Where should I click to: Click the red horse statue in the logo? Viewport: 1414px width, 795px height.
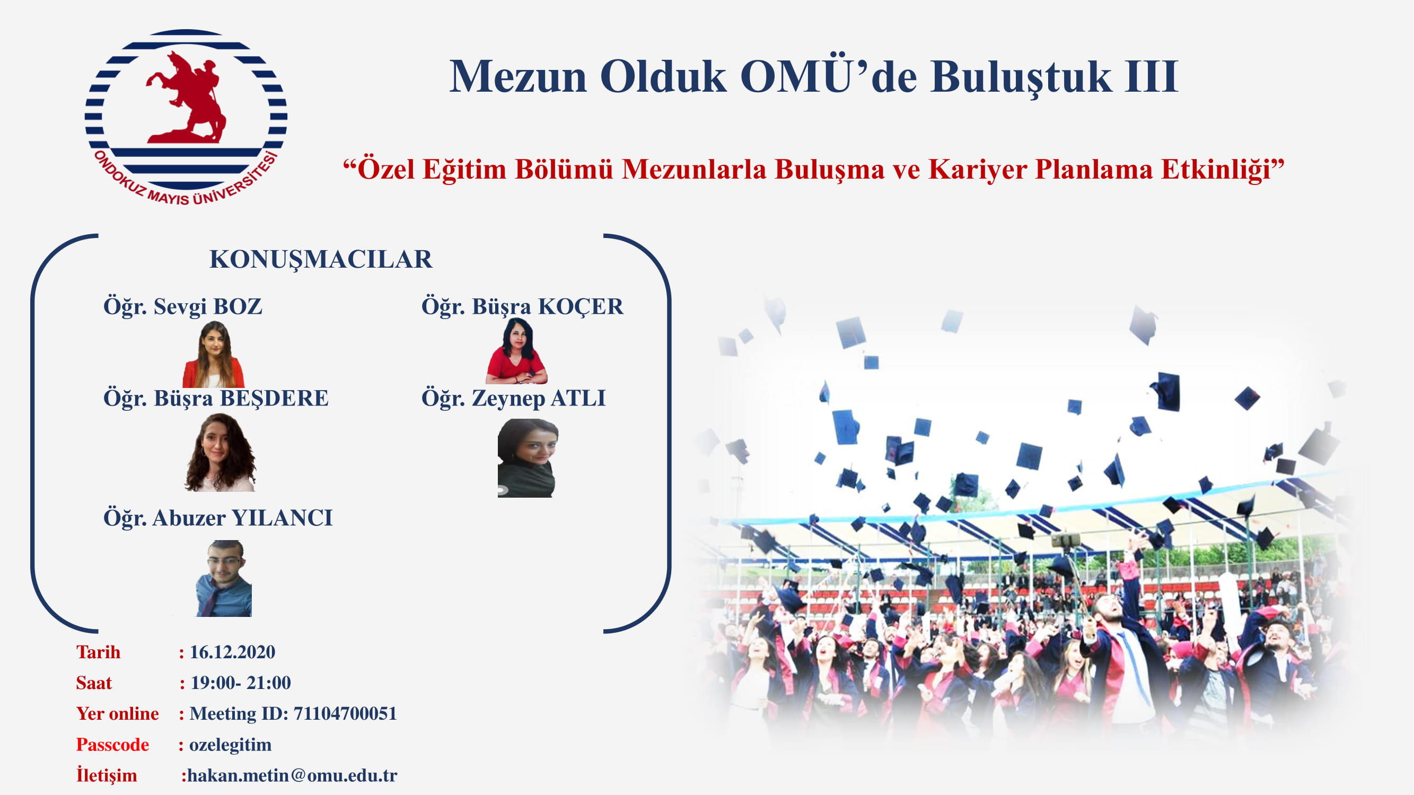pos(187,98)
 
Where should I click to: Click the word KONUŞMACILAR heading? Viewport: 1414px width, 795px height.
pos(321,260)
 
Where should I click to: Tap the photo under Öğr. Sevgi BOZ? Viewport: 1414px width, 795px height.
pos(214,354)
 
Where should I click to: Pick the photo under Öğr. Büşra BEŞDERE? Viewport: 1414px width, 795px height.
pos(220,452)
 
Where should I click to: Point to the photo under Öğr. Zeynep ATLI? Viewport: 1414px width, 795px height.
pos(528,458)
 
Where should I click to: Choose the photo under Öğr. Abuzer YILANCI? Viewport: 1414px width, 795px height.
pos(224,578)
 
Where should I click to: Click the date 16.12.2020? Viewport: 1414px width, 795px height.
pos(232,652)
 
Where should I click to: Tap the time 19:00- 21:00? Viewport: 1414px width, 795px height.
pos(240,683)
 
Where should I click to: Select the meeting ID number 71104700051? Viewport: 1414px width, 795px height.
pos(345,713)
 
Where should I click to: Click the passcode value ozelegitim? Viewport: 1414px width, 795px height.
pos(231,745)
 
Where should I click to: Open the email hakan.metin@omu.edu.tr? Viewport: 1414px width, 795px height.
pos(292,775)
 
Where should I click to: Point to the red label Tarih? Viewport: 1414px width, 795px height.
pos(98,652)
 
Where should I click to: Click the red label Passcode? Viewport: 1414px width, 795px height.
pos(112,745)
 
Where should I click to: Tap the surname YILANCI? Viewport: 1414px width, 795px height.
pos(282,518)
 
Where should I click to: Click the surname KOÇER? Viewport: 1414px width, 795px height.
pos(581,307)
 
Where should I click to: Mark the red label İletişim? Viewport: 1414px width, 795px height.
pos(107,775)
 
